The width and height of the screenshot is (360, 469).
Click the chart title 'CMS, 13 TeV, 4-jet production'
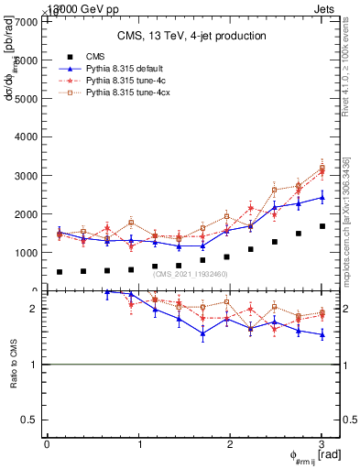191,36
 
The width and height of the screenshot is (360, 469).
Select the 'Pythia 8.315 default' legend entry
124,68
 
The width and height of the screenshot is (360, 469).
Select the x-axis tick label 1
139,444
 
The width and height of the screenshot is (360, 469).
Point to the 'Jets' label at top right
337,8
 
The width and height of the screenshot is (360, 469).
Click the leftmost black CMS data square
60,272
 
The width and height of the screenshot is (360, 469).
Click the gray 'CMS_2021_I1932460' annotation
191,274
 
